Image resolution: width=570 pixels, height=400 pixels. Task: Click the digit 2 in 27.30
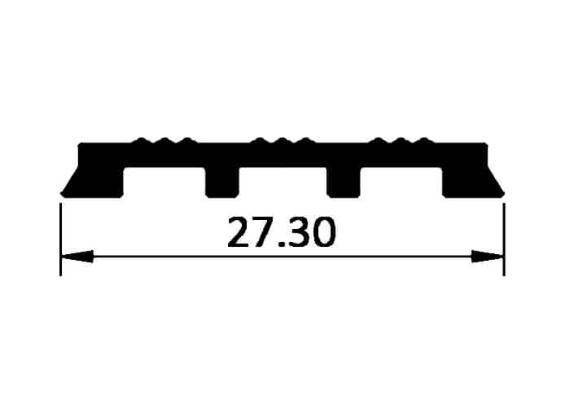click(240, 232)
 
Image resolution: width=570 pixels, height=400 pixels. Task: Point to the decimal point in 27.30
click(282, 244)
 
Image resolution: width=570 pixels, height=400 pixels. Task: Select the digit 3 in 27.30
click(297, 232)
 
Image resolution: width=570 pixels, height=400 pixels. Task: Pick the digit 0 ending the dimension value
click(322, 232)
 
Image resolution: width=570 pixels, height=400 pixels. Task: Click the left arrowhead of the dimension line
click(77, 257)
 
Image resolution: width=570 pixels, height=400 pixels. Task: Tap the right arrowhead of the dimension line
click(487, 257)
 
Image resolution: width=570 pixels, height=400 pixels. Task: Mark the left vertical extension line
click(60, 240)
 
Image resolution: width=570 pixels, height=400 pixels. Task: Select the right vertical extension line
click(504, 240)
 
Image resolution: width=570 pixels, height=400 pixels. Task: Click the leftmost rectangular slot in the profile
click(164, 182)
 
